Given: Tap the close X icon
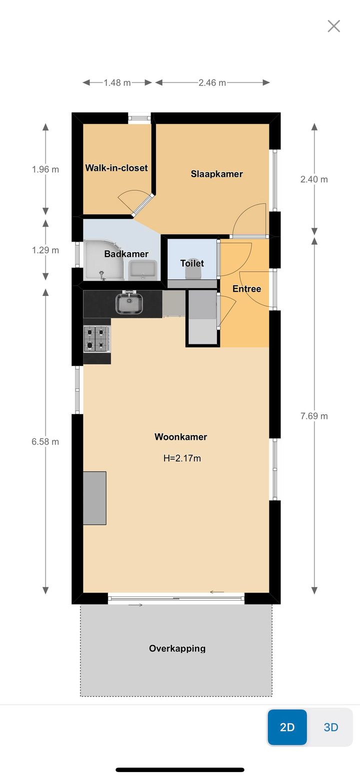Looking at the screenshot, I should click(333, 26).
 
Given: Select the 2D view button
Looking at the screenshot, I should click(287, 727).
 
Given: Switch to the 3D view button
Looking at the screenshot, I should click(331, 727).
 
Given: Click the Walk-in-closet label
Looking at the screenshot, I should click(116, 167).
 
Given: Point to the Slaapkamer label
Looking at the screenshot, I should click(216, 174).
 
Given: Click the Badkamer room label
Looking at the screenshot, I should click(126, 253).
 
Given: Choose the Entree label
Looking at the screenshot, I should click(246, 288).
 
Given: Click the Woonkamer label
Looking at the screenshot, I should click(180, 436).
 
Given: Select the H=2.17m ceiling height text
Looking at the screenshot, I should click(182, 458).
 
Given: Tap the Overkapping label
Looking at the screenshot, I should click(177, 648).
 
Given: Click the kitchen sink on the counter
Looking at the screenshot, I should click(129, 303).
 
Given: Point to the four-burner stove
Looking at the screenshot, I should click(96, 338).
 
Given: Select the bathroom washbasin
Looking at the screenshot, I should click(143, 270).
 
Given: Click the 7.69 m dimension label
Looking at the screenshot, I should click(314, 416).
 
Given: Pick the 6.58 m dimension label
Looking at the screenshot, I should click(45, 441).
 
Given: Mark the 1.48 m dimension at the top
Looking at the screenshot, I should click(117, 83).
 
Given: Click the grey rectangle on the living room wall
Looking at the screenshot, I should click(94, 498).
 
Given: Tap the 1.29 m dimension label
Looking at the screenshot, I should click(45, 250).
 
